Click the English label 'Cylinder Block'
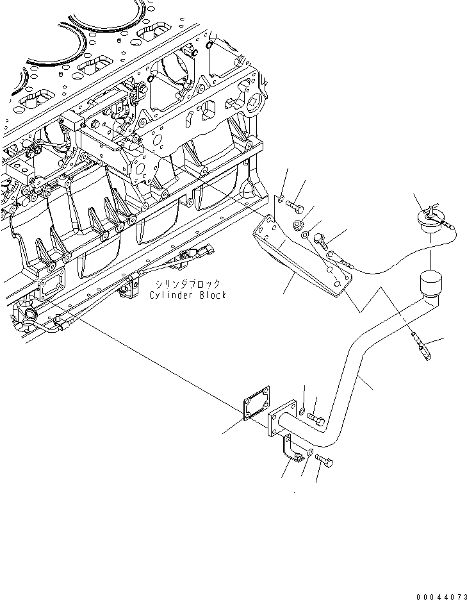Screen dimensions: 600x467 tap(187, 295)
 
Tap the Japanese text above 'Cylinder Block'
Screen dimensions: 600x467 tap(187, 283)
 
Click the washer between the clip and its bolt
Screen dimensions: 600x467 tap(310, 453)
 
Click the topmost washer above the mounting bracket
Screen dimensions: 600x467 tap(281, 200)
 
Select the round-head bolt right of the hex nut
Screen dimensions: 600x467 tap(320, 240)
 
